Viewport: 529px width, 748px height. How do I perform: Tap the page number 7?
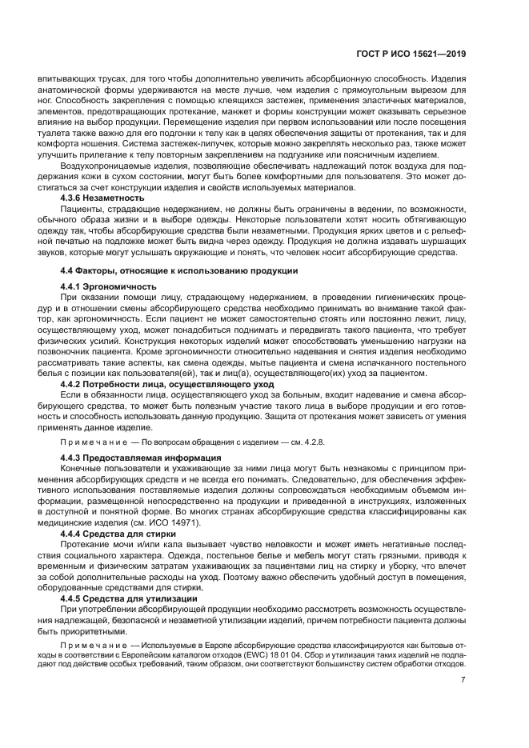click(x=463, y=681)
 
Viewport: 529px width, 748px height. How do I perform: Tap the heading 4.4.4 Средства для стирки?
click(x=117, y=531)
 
